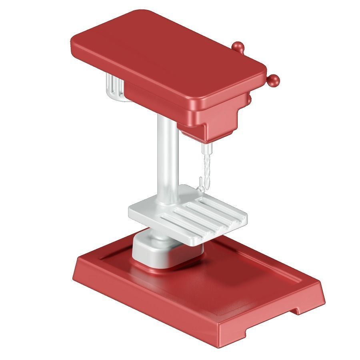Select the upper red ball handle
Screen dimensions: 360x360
(x=238, y=47)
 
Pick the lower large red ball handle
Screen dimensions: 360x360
(x=274, y=81)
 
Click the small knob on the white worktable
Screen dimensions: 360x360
(x=199, y=185)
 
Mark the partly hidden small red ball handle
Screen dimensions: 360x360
(x=250, y=98)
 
